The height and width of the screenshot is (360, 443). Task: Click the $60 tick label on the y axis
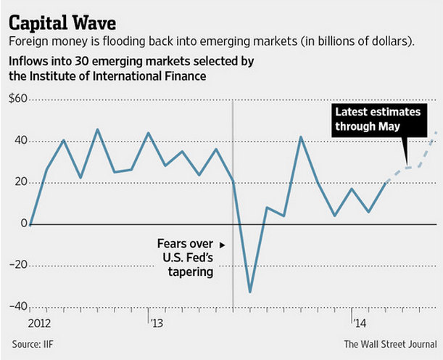[17, 99]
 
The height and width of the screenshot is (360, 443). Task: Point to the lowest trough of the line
[250, 292]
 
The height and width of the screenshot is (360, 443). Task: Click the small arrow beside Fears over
[223, 245]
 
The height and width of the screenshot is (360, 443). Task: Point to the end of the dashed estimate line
[436, 132]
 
